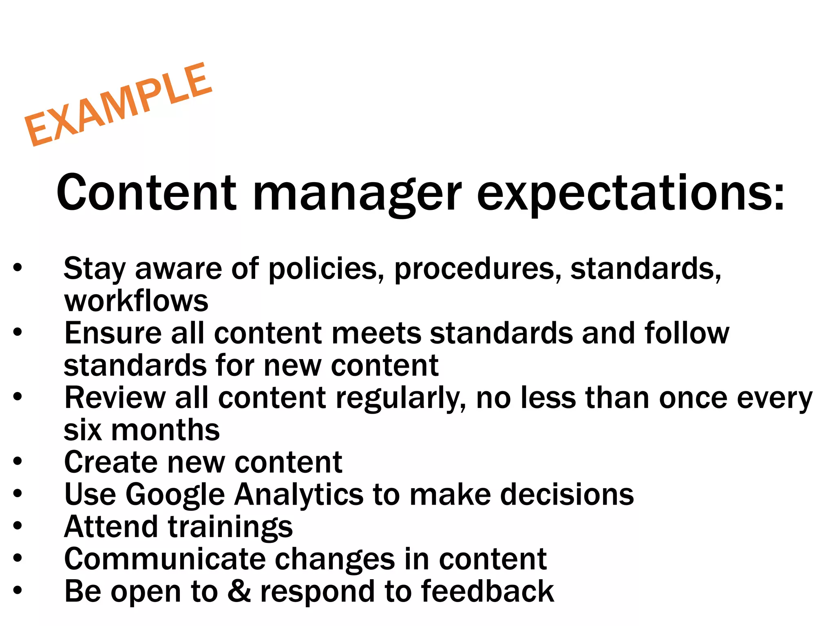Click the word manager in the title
[357, 193]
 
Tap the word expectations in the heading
[630, 193]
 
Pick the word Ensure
[113, 333]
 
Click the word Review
[115, 398]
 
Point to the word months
[165, 430]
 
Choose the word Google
[175, 495]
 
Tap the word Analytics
[298, 494]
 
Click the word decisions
[567, 494]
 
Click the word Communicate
[165, 559]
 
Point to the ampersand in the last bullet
[239, 591]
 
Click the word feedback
[487, 591]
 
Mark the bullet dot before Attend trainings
[17, 526]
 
